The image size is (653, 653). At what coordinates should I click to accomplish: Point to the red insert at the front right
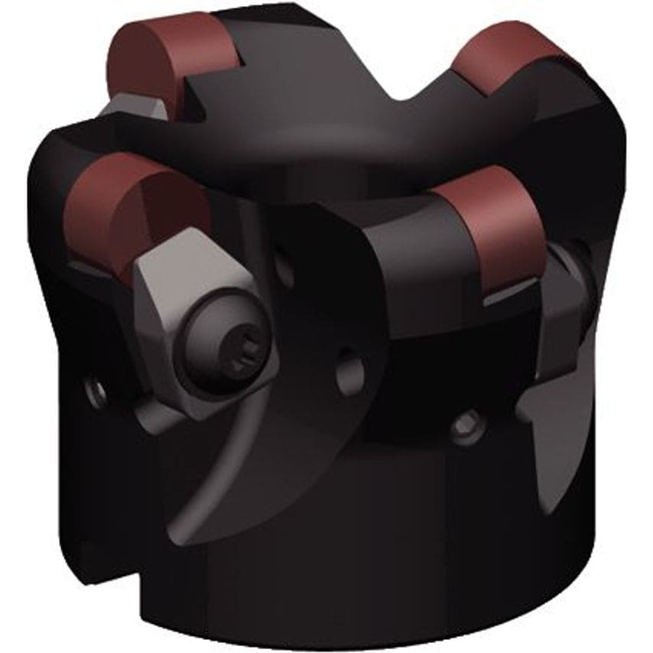tap(490, 229)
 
